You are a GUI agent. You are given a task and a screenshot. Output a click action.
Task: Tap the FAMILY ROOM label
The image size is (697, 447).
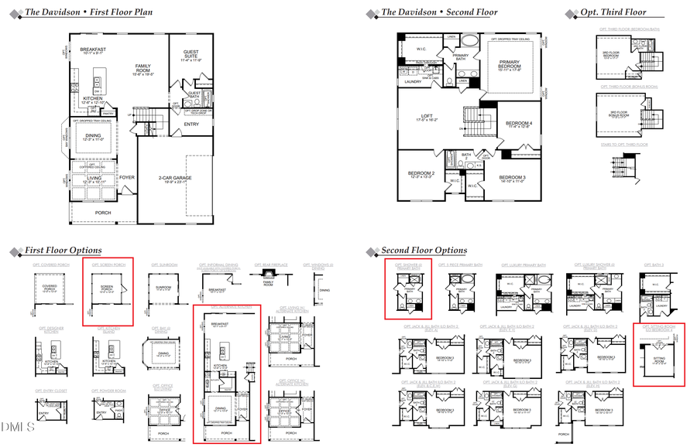tap(142, 68)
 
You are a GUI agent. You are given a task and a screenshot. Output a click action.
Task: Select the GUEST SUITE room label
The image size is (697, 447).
tap(189, 54)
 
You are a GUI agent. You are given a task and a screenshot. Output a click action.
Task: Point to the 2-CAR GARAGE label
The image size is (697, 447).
tap(175, 179)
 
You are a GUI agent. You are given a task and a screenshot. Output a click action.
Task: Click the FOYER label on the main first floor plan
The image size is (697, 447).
tap(127, 177)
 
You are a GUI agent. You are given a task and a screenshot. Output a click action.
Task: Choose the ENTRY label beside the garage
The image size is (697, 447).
tap(191, 124)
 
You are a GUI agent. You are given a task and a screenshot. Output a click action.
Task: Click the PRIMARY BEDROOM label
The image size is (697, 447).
tap(510, 67)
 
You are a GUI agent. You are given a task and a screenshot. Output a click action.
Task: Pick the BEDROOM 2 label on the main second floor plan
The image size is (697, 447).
tap(421, 174)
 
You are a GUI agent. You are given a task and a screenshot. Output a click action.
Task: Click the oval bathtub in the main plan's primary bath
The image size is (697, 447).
tap(472, 42)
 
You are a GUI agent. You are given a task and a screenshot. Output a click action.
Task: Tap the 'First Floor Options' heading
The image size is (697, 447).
tap(63, 251)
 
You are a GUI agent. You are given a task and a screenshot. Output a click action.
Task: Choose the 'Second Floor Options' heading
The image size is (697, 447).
tap(424, 251)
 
